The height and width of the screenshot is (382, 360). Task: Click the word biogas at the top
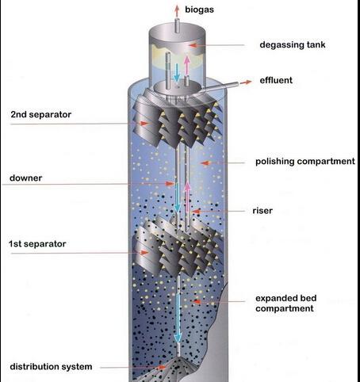tap(199, 10)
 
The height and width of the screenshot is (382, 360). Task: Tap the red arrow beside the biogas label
tap(177, 12)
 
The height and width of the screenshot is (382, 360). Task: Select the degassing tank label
tap(293, 44)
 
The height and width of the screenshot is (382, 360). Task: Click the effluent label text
tap(276, 80)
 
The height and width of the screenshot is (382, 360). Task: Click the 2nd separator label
tap(41, 114)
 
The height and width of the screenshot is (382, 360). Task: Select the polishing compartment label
tap(305, 161)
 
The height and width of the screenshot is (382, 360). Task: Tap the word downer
tap(25, 178)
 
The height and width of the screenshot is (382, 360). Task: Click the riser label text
tap(262, 211)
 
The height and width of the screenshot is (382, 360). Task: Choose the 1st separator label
tap(37, 243)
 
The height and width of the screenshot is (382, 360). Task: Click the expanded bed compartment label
tap(285, 304)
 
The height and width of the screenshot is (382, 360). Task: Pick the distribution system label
tap(51, 366)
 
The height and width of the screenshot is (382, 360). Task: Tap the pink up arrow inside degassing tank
tap(187, 66)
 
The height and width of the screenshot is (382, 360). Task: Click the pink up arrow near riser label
tap(187, 197)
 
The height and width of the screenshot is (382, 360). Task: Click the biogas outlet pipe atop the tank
tap(177, 25)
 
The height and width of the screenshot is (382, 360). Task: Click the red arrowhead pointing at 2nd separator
tap(144, 124)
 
